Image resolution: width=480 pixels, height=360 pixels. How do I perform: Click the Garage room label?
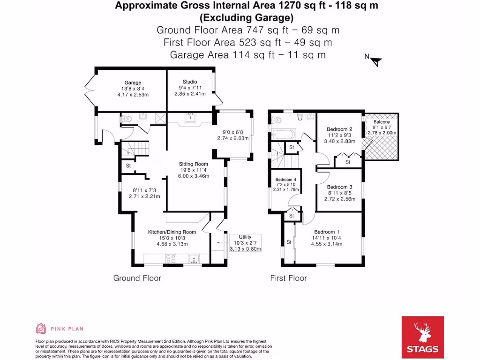click(x=133, y=83)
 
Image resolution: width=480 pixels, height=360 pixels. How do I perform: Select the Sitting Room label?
click(x=193, y=164)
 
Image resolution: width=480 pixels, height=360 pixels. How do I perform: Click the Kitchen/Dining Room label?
click(x=172, y=232)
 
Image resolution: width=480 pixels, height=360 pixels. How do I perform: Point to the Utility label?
click(x=245, y=237)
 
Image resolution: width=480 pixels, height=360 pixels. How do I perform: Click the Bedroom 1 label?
click(x=327, y=232)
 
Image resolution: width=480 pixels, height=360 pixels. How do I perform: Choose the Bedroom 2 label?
click(x=339, y=129)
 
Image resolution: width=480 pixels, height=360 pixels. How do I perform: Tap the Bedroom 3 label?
click(x=339, y=187)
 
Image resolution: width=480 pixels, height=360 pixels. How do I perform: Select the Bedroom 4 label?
click(x=286, y=180)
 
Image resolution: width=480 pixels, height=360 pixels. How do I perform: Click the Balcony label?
click(x=382, y=122)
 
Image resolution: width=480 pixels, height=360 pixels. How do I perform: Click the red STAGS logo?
click(x=422, y=337)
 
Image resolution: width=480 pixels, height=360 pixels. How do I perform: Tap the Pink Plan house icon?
click(x=41, y=329)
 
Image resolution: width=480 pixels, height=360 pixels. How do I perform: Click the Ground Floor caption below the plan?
click(x=137, y=278)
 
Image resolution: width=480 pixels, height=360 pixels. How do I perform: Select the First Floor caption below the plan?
click(x=288, y=278)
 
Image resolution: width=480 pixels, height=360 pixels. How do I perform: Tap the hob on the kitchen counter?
click(x=170, y=258)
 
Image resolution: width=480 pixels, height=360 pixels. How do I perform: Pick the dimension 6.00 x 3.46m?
click(x=193, y=176)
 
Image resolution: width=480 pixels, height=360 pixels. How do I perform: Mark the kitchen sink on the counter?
click(x=194, y=258)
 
